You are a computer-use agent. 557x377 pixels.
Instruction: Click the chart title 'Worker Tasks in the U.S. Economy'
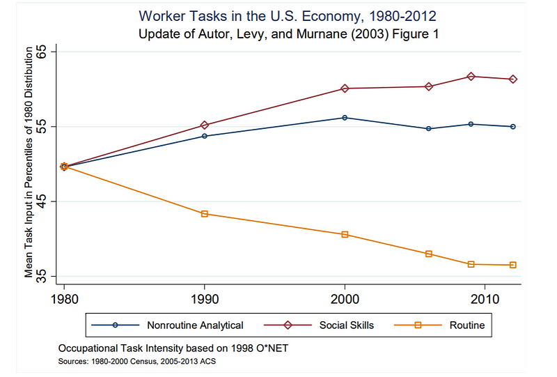tap(288, 15)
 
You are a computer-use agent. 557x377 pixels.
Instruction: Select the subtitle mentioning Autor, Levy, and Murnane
tap(288, 33)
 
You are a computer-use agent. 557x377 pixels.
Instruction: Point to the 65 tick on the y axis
tap(42, 52)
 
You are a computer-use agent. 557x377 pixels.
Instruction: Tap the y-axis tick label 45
tap(42, 201)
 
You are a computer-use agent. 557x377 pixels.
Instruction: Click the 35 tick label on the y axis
tap(42, 277)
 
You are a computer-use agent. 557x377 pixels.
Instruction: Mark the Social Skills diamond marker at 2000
tap(345, 89)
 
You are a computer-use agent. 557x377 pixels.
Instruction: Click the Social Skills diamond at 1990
tap(205, 125)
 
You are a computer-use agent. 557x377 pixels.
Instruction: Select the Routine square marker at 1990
tap(205, 214)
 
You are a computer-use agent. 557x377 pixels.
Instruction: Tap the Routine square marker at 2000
tap(345, 234)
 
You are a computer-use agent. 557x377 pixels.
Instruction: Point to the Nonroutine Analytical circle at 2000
tap(345, 118)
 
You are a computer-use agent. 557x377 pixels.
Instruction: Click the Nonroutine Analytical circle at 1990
tap(205, 136)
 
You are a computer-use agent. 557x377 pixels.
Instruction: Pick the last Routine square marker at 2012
tap(512, 265)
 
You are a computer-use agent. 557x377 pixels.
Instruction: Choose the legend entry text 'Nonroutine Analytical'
tap(195, 325)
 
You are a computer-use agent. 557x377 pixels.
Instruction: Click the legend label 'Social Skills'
tap(347, 325)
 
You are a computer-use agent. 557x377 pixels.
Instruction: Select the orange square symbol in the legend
tap(418, 325)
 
